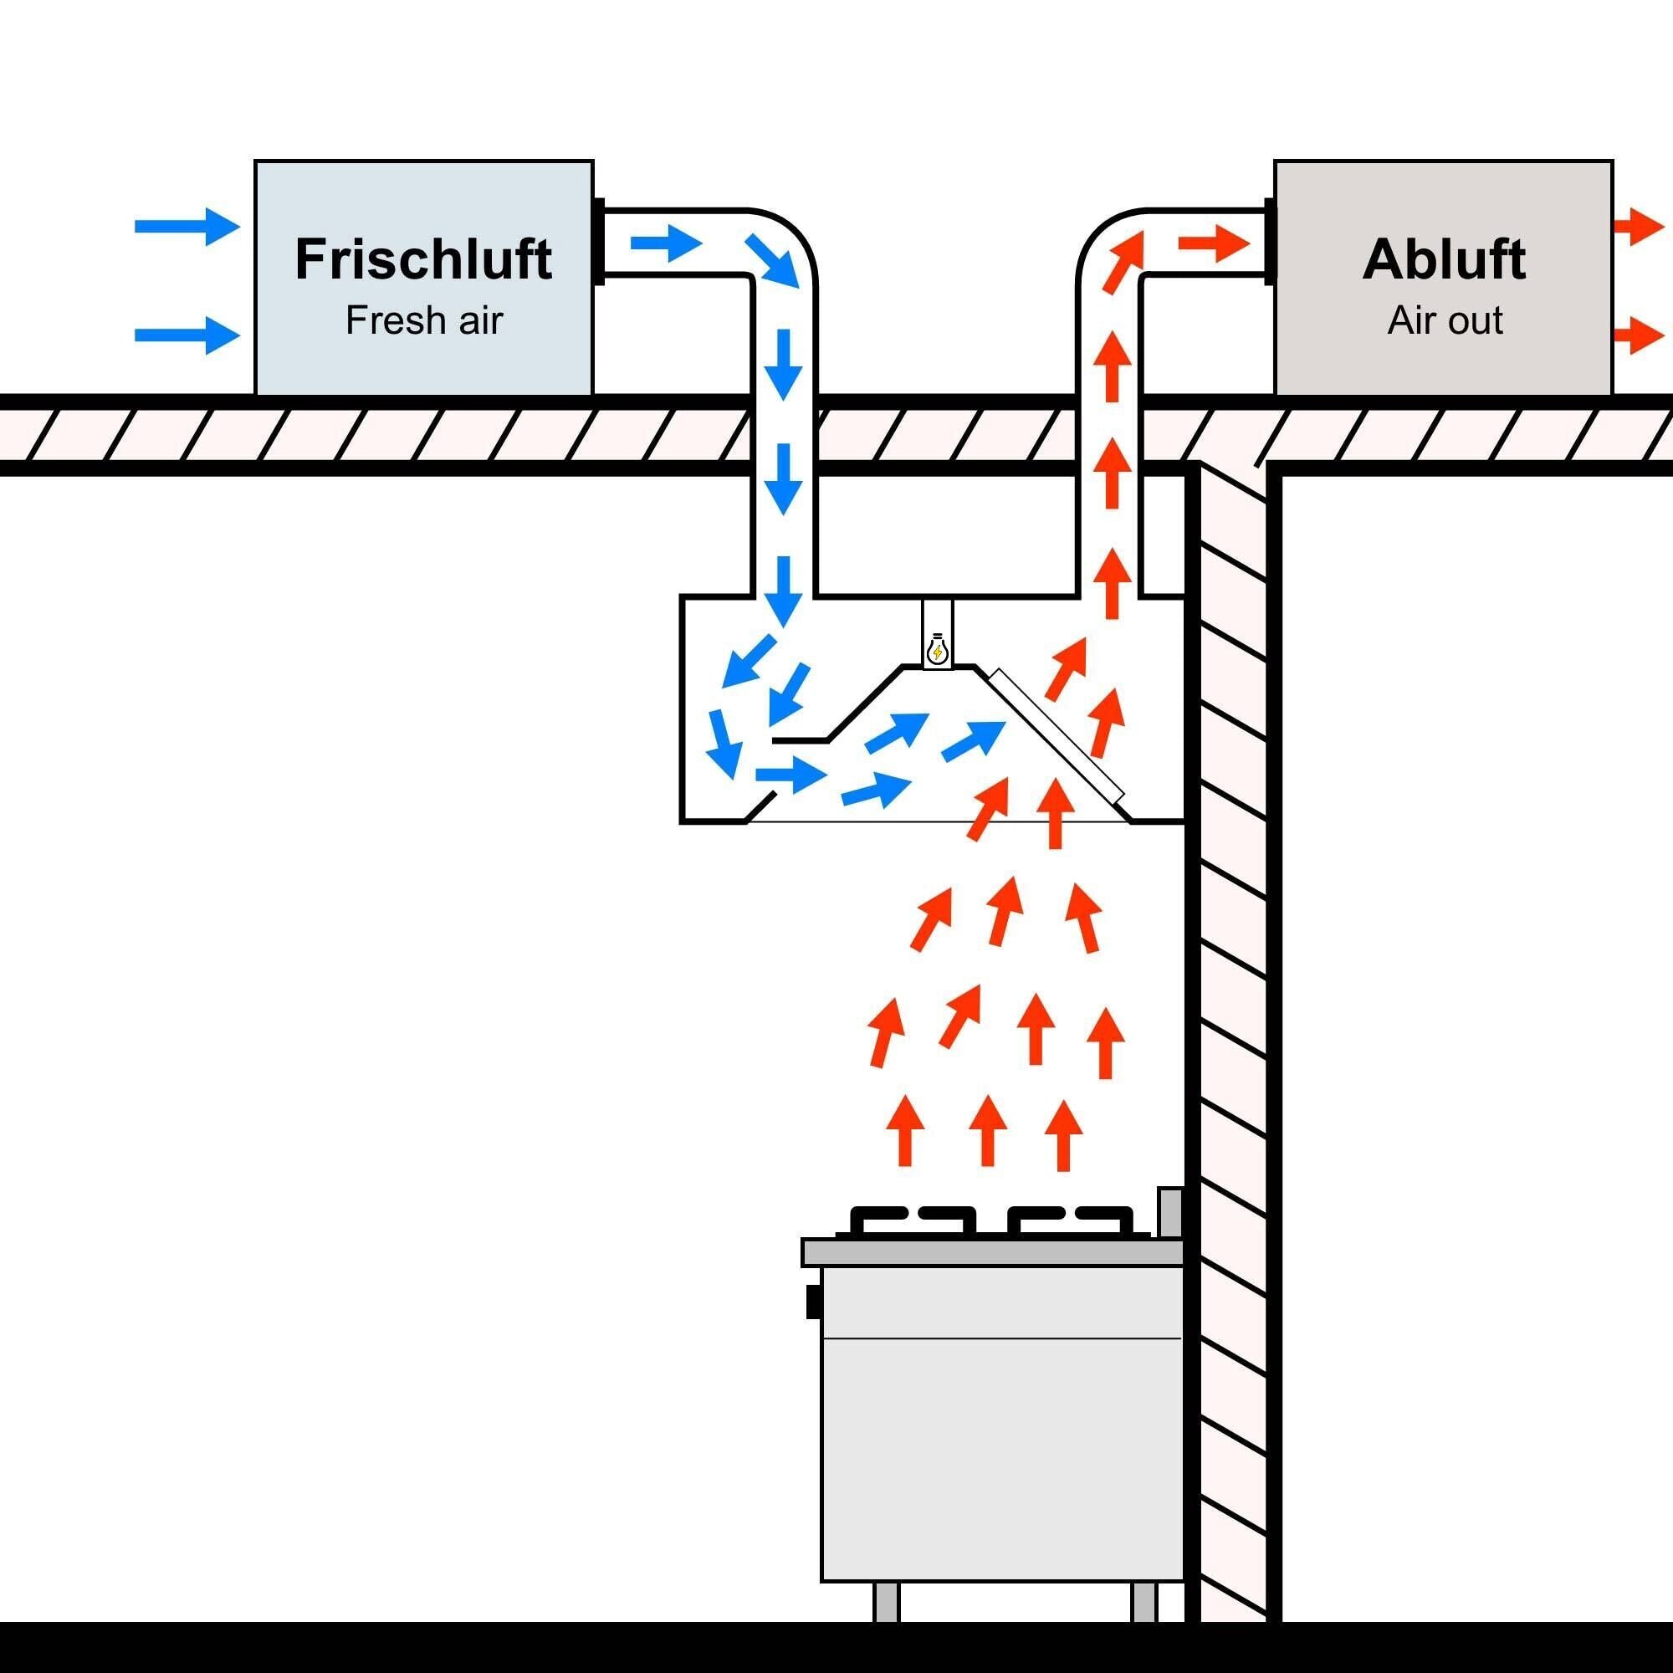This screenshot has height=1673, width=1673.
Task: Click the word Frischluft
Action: pyautogui.click(x=423, y=259)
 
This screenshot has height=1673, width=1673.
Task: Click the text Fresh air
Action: pyautogui.click(x=423, y=320)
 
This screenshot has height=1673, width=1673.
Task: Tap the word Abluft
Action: pyautogui.click(x=1444, y=259)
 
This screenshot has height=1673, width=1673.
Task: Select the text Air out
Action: pyautogui.click(x=1445, y=320)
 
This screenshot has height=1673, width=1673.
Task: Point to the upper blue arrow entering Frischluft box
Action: pyautogui.click(x=187, y=227)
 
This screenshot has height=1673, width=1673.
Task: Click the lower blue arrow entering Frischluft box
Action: pyautogui.click(x=187, y=335)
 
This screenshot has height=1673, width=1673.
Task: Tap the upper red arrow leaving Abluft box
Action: pyautogui.click(x=1639, y=228)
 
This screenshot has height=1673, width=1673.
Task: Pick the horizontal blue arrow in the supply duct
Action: pyautogui.click(x=665, y=243)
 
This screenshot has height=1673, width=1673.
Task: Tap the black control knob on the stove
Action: pyautogui.click(x=813, y=1302)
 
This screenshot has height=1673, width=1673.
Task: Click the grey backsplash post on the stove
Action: pyautogui.click(x=1170, y=1212)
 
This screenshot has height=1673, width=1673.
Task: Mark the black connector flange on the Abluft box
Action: pyautogui.click(x=1270, y=242)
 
